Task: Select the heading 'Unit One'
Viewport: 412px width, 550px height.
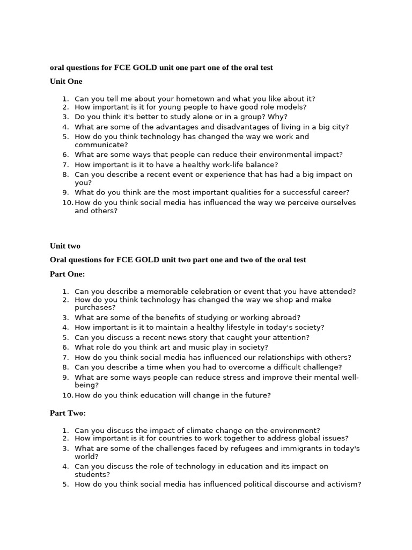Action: pyautogui.click(x=66, y=82)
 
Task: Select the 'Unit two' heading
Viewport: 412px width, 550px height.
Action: pyautogui.click(x=65, y=246)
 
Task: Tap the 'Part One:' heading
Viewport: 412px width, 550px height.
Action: pyautogui.click(x=68, y=274)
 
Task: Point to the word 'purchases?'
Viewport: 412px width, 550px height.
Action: pyautogui.click(x=95, y=308)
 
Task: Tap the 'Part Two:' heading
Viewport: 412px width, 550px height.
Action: pyautogui.click(x=68, y=413)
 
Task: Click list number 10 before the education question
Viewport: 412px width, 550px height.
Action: pyautogui.click(x=67, y=395)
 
